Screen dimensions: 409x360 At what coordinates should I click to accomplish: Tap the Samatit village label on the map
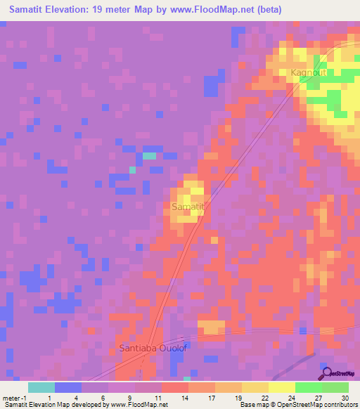[188, 207]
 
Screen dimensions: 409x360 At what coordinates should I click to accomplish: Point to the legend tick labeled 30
[345, 397]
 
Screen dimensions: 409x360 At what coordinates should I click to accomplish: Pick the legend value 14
[184, 397]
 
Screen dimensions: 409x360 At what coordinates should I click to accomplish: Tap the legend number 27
[318, 397]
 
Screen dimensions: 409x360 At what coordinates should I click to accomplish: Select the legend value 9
[131, 397]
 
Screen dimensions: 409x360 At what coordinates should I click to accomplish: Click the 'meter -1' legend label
[13, 397]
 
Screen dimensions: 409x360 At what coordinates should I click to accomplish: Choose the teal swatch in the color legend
[41, 387]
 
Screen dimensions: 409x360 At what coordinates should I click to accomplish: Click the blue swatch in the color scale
[68, 387]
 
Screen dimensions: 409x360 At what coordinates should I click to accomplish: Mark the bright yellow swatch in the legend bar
[282, 387]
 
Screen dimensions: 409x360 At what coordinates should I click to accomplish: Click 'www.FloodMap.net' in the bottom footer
[139, 405]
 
